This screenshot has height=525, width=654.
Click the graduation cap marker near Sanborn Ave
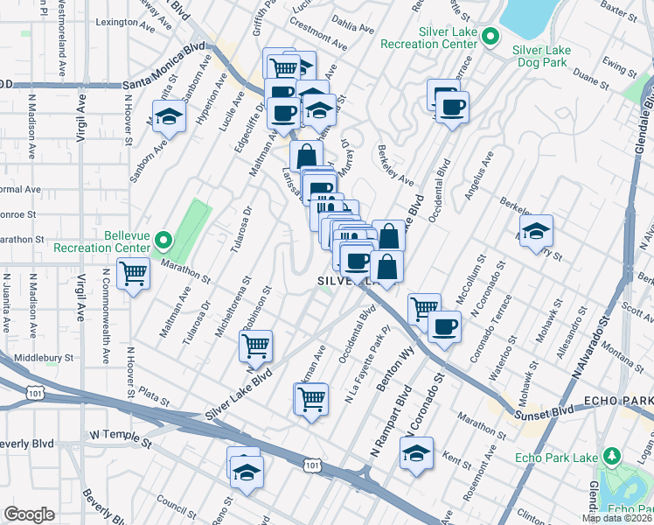pos(170,115)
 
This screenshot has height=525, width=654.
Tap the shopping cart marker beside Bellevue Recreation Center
pos(134,274)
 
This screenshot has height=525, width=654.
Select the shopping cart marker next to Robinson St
pos(255,345)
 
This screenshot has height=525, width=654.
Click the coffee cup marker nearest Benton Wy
pos(444,327)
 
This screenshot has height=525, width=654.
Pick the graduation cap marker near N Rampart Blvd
pos(416,453)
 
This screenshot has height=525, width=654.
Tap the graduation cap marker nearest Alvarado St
pos(535,231)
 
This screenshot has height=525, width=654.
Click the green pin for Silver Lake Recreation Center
pos(491,37)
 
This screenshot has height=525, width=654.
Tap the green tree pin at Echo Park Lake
pos(612,457)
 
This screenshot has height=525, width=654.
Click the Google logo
pos(29,514)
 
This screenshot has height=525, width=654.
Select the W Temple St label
pos(121,435)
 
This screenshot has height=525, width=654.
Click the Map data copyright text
pos(616,518)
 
